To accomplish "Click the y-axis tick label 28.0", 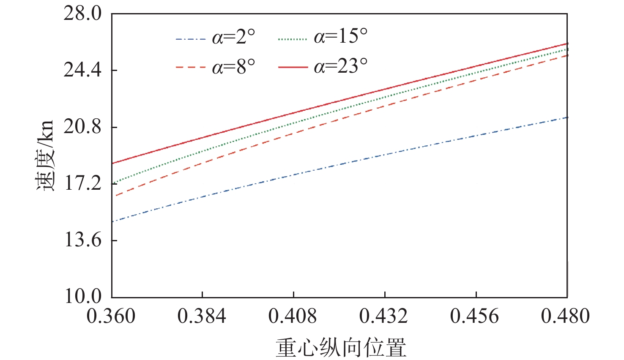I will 82,14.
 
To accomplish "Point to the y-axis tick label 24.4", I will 82,70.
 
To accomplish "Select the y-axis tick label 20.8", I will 82,127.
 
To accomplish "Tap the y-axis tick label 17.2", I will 82,183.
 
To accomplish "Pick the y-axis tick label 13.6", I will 82,240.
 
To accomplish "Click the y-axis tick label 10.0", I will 82,296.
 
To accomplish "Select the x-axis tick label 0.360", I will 111,316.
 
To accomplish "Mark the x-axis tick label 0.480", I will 565,316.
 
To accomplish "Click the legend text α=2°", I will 234,38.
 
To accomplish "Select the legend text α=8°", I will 234,67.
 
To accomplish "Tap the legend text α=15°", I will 340,37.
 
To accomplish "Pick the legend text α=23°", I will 340,66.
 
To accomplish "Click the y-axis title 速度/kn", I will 45,155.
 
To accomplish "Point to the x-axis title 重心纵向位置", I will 341,347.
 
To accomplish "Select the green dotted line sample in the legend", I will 293,39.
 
